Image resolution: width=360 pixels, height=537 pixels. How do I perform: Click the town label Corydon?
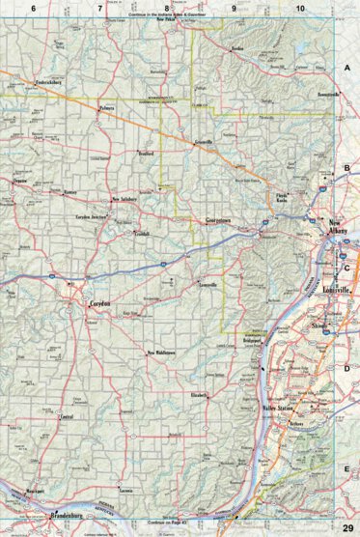click(x=100, y=303)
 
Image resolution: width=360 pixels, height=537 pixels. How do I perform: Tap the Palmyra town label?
click(x=112, y=108)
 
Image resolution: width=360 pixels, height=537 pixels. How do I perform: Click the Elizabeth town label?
click(x=199, y=396)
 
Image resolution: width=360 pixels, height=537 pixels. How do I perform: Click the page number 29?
click(x=346, y=369)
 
